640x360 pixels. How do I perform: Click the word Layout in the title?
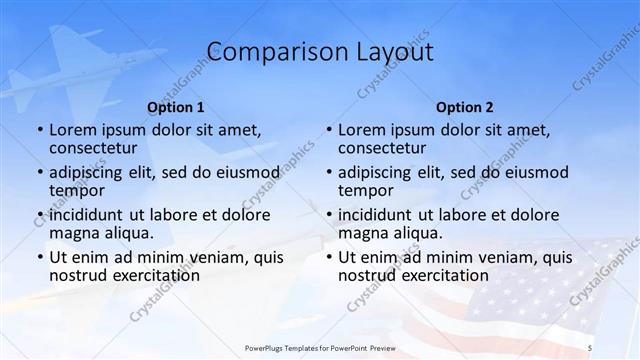point(391,52)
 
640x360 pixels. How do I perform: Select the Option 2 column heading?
point(464,107)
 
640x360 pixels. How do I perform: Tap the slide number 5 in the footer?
point(590,347)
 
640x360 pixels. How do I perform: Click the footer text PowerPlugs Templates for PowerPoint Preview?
point(320,347)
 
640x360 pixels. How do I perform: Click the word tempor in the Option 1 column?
point(76,190)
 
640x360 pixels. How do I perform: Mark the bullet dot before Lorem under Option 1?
point(39,131)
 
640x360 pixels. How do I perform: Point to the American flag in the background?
point(520,290)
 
